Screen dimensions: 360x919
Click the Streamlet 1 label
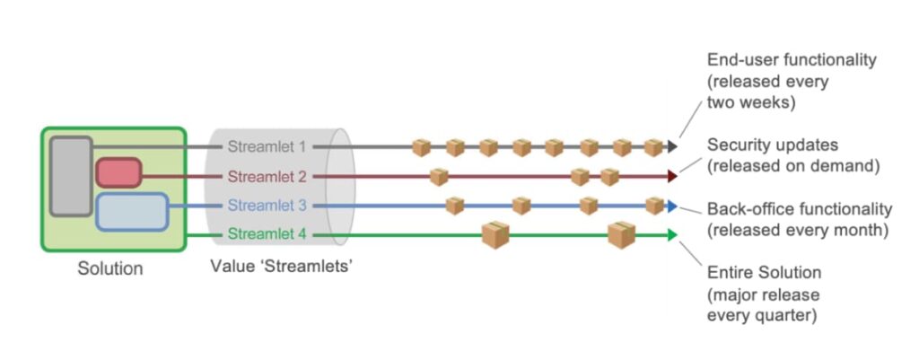[267, 146]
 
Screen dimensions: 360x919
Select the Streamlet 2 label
[267, 176]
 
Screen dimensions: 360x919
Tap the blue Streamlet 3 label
[267, 206]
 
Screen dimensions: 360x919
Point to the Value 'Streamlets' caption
[280, 267]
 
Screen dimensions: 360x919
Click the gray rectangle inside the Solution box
[71, 176]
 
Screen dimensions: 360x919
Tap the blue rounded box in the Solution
[132, 212]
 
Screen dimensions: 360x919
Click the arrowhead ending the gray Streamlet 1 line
[672, 146]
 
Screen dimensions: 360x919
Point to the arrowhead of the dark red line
[672, 176]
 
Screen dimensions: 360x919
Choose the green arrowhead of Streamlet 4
[672, 235]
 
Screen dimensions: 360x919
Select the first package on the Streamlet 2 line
[438, 176]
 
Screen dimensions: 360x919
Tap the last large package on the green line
[621, 234]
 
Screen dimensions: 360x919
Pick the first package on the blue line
[455, 206]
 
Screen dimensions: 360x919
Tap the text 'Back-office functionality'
[800, 209]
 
